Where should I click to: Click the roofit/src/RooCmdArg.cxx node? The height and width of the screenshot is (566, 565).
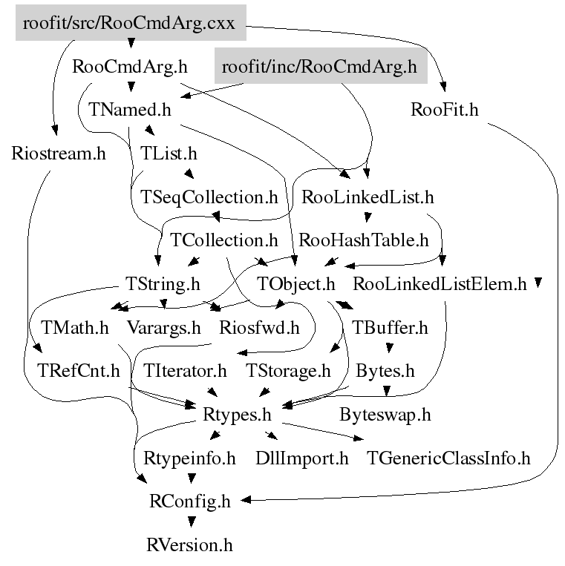pyautogui.click(x=129, y=23)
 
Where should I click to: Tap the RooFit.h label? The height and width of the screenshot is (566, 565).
pyautogui.click(x=444, y=110)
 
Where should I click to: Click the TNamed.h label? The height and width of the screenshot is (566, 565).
pyautogui.click(x=130, y=110)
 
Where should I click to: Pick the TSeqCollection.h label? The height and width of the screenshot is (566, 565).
pyautogui.click(x=209, y=197)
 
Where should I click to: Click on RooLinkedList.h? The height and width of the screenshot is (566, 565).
pyautogui.click(x=368, y=197)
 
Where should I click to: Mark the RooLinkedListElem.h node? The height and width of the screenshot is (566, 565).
pyautogui.click(x=440, y=283)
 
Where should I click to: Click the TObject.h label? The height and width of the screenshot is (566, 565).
pyautogui.click(x=296, y=283)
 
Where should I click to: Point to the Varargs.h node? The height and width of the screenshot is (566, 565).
pyautogui.click(x=164, y=326)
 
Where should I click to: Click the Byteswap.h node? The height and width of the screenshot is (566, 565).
pyautogui.click(x=385, y=414)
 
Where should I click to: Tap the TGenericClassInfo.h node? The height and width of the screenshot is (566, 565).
pyautogui.click(x=448, y=458)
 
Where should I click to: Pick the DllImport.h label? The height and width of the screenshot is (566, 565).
pyautogui.click(x=301, y=458)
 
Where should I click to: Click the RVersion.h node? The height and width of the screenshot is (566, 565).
pyautogui.click(x=190, y=545)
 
